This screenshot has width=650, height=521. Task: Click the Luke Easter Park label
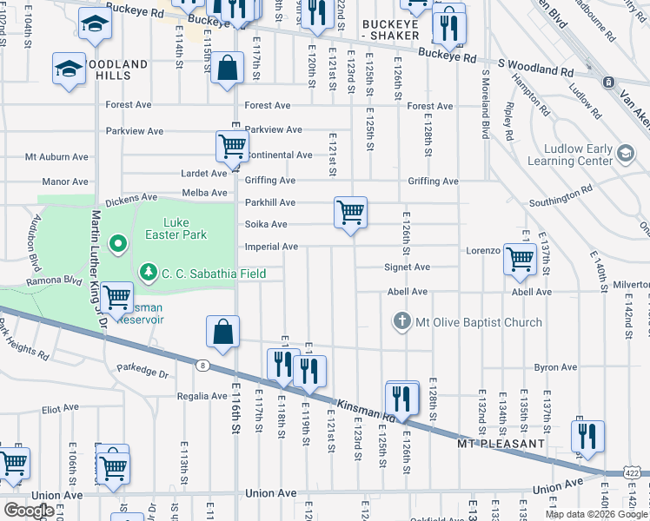[182, 228]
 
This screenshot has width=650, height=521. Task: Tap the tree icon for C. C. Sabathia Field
[149, 273]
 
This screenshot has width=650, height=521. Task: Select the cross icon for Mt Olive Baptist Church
[401, 322]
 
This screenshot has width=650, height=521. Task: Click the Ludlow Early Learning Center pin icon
[624, 155]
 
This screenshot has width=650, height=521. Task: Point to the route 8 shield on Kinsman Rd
[202, 366]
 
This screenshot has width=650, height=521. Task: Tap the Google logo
[29, 511]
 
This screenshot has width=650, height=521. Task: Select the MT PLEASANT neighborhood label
[501, 444]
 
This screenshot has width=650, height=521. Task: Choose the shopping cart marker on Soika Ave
[350, 211]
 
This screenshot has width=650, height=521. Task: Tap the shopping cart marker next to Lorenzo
[520, 258]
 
